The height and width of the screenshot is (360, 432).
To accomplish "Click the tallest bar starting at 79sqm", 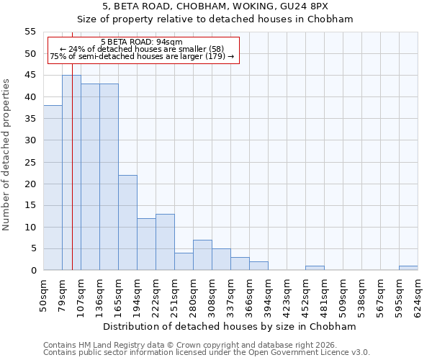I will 71,173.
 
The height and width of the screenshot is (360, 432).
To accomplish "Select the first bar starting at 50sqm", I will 53,187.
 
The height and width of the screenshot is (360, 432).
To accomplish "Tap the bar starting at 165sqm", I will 127,222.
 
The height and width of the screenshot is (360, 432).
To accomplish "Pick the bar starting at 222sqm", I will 165,242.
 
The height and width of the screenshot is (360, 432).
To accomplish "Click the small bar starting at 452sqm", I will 315,268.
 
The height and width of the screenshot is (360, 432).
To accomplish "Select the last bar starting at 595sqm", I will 408,268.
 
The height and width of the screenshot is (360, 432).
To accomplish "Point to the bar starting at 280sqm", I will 202,255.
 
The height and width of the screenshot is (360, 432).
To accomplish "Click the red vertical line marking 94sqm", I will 73,180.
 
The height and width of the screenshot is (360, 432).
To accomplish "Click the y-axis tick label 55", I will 30,32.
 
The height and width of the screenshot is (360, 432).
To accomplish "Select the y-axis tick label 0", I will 32,271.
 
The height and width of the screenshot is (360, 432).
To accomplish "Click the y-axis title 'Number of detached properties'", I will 7,155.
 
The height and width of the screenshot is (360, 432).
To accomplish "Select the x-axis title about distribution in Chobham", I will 230,326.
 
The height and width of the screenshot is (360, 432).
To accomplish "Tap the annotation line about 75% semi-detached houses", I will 142,56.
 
